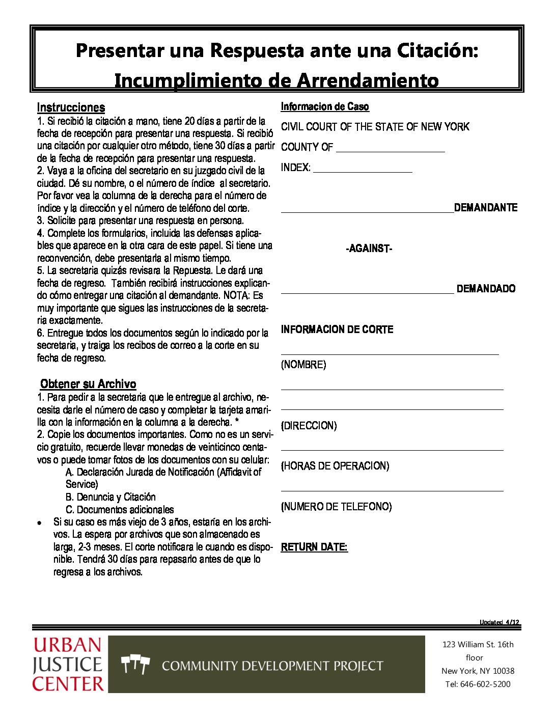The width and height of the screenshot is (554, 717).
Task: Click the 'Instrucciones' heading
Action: (71, 107)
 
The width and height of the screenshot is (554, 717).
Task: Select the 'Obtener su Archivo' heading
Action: (88, 384)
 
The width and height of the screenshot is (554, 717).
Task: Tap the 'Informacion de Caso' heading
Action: (325, 106)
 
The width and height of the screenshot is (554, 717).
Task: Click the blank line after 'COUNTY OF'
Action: (390, 148)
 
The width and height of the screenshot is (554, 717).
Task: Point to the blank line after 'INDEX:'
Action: (363, 169)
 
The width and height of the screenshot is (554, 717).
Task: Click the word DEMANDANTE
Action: (486, 208)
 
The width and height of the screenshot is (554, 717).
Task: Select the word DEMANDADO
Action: (486, 289)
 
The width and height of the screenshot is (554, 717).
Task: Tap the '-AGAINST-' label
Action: (369, 249)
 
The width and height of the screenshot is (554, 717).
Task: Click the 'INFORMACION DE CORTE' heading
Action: (337, 329)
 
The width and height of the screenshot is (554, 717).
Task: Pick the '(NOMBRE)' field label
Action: (303, 365)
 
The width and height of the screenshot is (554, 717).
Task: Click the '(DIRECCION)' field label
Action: (309, 426)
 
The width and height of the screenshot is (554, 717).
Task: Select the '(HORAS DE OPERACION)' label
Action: (335, 466)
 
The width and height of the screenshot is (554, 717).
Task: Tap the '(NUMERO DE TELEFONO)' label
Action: (336, 507)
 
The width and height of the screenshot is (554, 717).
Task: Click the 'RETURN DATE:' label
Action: (314, 547)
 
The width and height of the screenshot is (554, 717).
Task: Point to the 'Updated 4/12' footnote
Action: (499, 622)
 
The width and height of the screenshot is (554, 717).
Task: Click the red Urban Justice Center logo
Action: (68, 665)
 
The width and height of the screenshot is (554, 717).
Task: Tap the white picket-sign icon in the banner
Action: (135, 665)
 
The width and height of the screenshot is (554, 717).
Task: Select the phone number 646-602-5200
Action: (485, 684)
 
